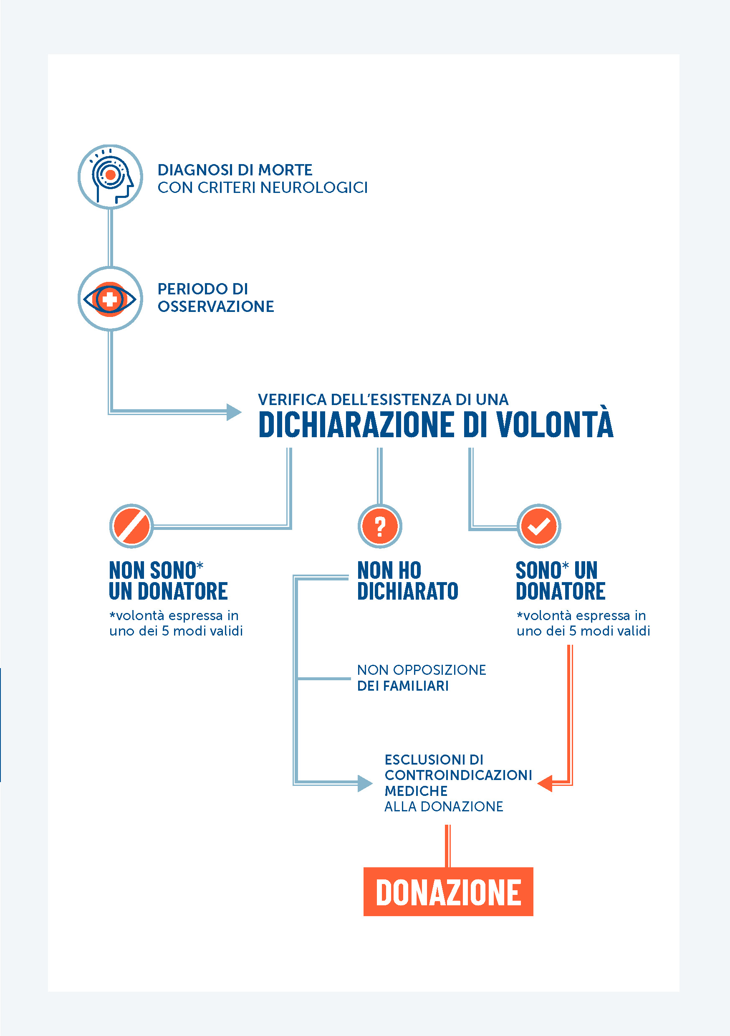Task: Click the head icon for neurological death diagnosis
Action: (x=111, y=177)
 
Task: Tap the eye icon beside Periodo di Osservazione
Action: (x=111, y=299)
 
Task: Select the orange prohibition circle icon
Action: (x=131, y=526)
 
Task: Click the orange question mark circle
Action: (x=380, y=526)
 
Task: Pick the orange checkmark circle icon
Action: (x=539, y=526)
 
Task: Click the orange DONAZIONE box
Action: (x=448, y=892)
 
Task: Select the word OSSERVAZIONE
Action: (x=215, y=307)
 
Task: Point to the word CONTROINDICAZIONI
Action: (x=458, y=775)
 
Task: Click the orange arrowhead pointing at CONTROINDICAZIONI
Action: (x=546, y=783)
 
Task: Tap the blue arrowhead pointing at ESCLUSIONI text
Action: (x=364, y=783)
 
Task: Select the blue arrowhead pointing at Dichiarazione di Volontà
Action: (x=233, y=412)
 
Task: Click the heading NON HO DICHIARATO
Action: (x=407, y=581)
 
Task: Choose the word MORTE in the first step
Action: (x=285, y=170)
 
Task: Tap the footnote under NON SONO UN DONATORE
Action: (x=176, y=623)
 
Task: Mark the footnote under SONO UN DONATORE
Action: (x=583, y=623)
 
